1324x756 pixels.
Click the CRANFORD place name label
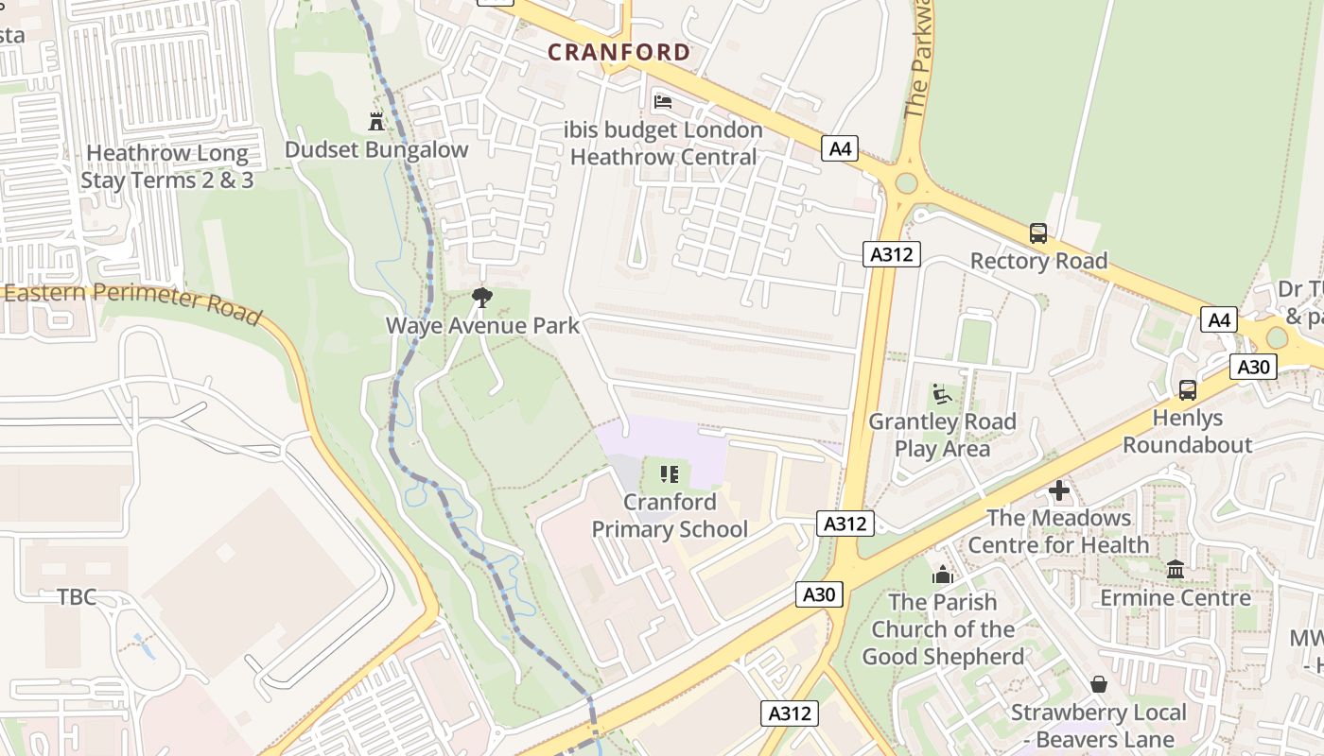(x=619, y=52)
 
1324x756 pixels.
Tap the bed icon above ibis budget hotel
(x=663, y=101)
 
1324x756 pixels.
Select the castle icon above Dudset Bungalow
(x=376, y=121)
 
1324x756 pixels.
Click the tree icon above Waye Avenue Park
(x=482, y=298)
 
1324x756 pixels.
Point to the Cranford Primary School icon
(x=670, y=473)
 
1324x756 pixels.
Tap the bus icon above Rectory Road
(x=1037, y=232)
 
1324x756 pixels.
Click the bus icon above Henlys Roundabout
(x=1187, y=389)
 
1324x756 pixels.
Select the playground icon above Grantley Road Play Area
(x=941, y=393)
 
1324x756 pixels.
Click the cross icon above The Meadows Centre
(x=1059, y=490)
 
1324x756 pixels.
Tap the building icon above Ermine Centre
(x=1176, y=569)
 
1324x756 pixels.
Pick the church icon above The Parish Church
(x=942, y=574)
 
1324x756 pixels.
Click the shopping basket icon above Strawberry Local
(x=1098, y=683)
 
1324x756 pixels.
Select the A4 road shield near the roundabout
(x=839, y=148)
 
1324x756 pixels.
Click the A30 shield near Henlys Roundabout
(x=1253, y=367)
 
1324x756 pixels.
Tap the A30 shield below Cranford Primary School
(x=819, y=593)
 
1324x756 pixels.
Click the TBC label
(x=77, y=597)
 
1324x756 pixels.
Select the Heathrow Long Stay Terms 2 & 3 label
(x=167, y=166)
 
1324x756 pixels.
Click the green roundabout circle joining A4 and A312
(x=905, y=182)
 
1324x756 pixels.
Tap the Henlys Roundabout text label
(x=1187, y=431)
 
